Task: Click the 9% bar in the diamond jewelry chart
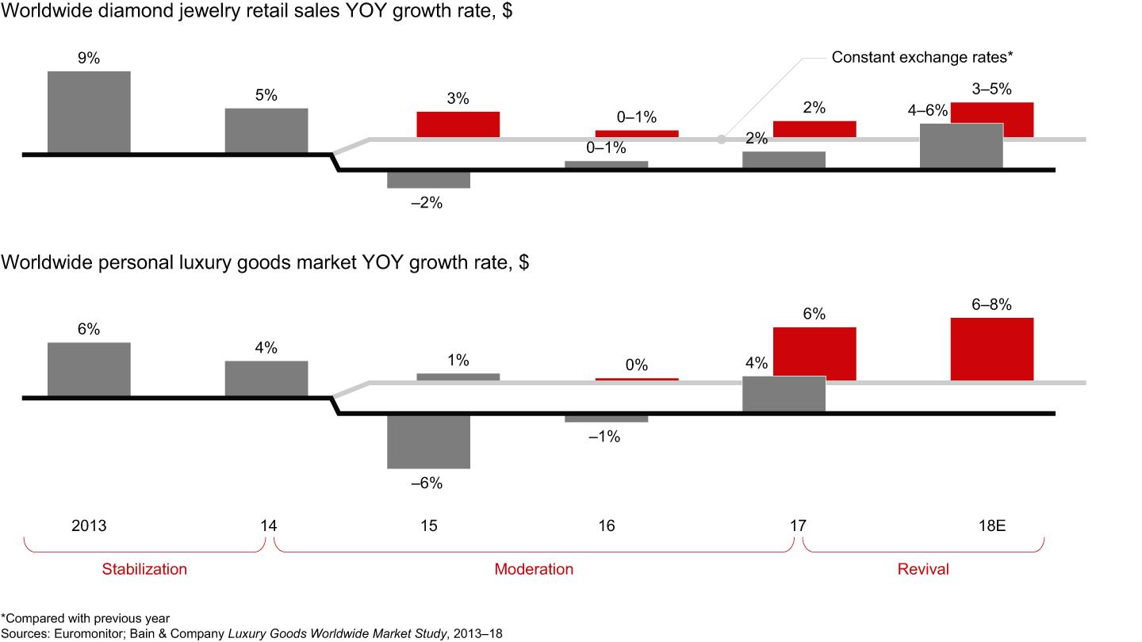(89, 112)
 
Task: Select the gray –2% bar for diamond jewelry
(428, 180)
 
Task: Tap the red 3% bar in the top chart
(458, 124)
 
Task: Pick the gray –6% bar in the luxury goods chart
(428, 441)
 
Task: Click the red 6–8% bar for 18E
(992, 349)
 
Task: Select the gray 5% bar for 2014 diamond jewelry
(266, 130)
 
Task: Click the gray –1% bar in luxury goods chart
(606, 418)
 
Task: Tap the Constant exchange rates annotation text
(923, 57)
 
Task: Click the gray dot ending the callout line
(721, 139)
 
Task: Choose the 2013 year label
(89, 526)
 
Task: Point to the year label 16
(606, 526)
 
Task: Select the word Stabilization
(144, 569)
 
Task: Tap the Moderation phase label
(534, 569)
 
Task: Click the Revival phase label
(923, 569)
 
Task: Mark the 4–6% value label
(928, 111)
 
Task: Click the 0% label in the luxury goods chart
(637, 365)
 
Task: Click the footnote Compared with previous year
(87, 618)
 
